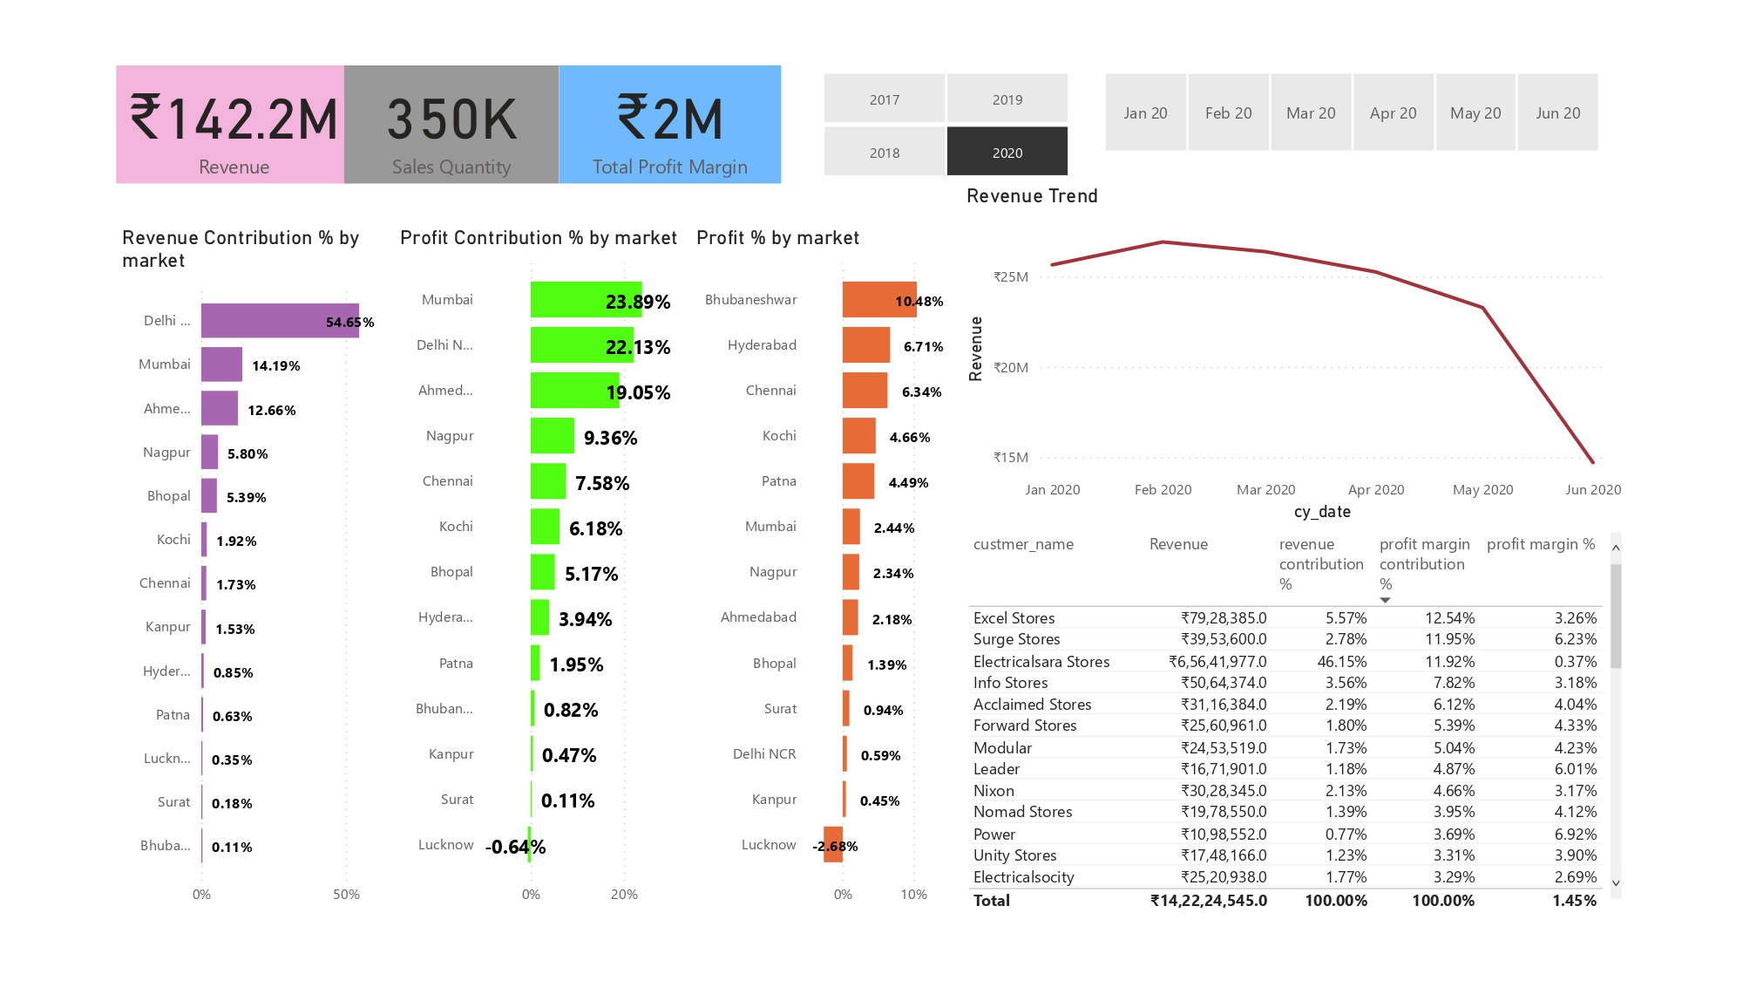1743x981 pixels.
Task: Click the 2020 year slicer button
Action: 1007,152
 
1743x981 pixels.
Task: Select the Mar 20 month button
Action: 1310,112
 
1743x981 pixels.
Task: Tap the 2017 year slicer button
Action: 884,99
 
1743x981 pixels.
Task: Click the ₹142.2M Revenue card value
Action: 233,119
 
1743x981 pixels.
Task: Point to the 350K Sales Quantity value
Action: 451,119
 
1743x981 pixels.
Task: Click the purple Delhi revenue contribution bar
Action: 279,321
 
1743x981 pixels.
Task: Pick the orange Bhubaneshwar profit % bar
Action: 878,299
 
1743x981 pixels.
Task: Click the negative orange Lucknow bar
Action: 833,844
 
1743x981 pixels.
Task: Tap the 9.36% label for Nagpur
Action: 610,437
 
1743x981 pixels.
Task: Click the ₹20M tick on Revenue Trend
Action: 1011,367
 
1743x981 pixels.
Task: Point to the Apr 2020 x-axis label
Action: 1375,489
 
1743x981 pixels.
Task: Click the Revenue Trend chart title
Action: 1031,196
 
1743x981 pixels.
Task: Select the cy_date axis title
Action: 1321,512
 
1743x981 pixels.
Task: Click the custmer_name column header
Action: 1022,544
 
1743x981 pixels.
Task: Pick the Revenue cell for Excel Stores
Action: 1223,617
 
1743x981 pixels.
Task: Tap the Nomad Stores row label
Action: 1022,812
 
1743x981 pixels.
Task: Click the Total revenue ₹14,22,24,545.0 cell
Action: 1208,900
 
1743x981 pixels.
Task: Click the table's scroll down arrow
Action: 1615,882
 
